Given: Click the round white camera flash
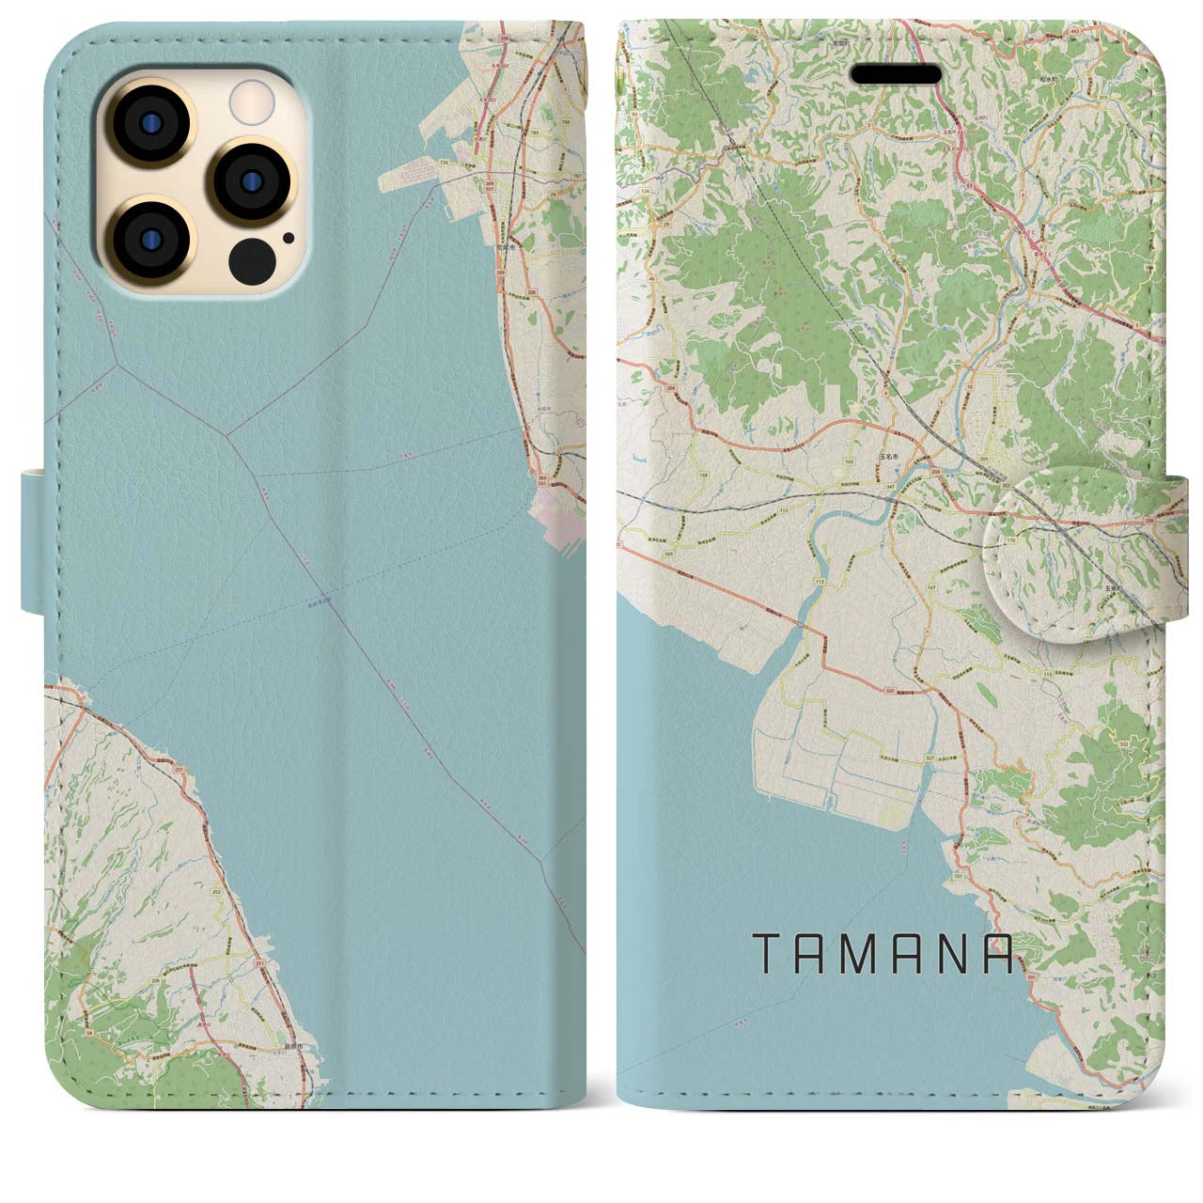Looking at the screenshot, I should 251,100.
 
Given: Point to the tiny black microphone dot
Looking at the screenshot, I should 288,239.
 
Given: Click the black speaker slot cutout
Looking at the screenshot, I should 896,74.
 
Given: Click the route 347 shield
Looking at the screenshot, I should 889,486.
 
